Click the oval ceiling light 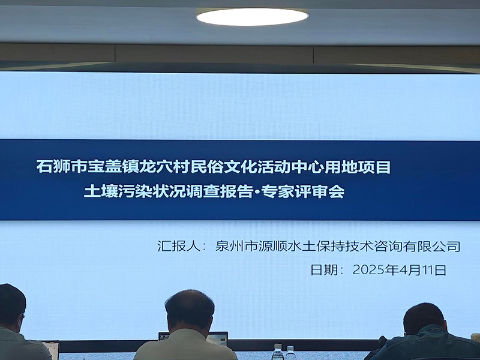click(x=252, y=17)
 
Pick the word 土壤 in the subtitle click(x=101, y=191)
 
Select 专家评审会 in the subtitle click(x=303, y=191)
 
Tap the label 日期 click(x=324, y=270)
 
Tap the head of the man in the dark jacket click(x=424, y=319)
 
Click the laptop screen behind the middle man click(x=217, y=338)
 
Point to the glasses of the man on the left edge click(x=22, y=316)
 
